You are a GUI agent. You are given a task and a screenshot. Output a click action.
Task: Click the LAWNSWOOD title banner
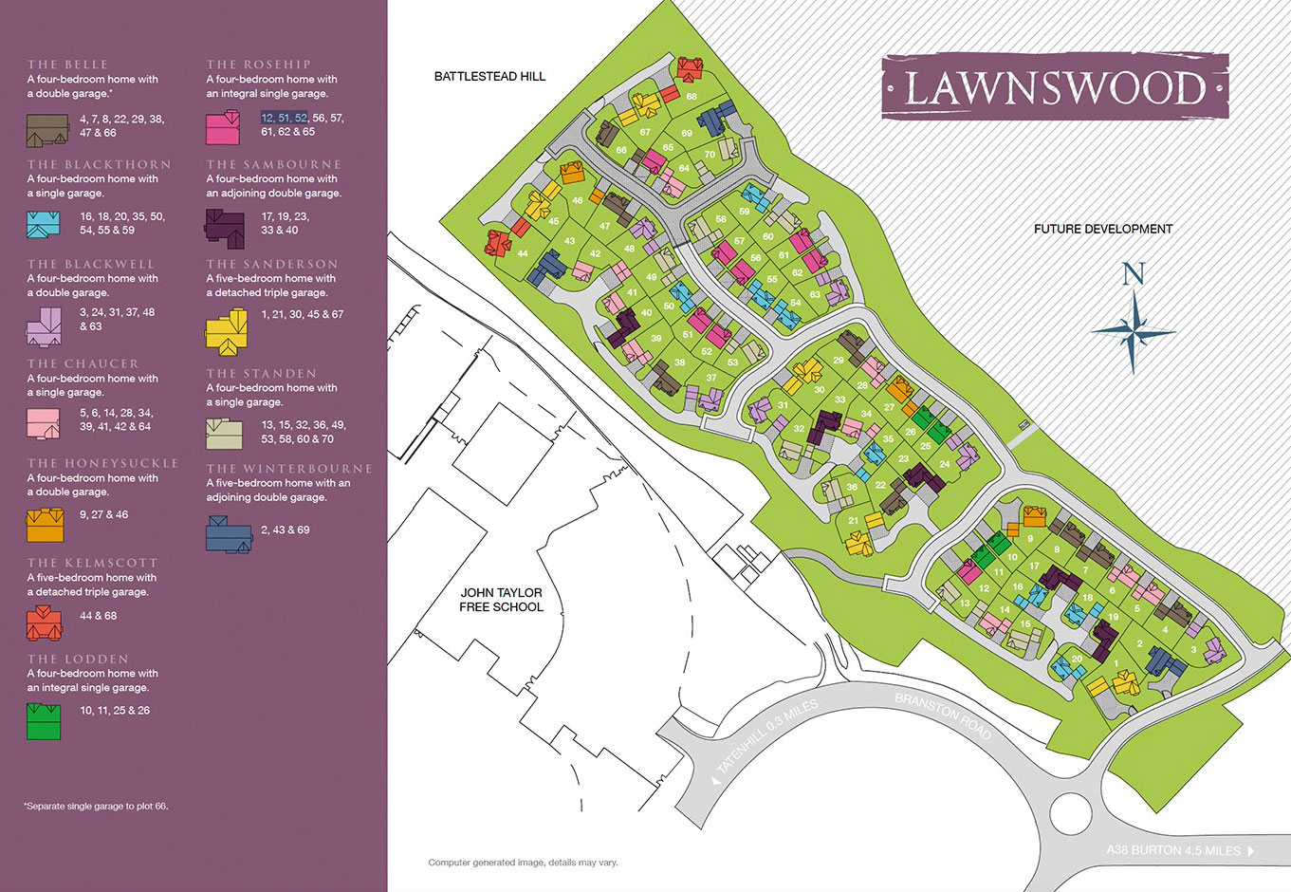[x=1055, y=88]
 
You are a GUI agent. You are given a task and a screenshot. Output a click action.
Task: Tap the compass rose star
[x=1133, y=331]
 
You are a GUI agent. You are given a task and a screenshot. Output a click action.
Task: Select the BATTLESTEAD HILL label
[x=489, y=76]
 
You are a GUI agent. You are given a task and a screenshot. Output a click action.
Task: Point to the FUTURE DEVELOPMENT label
[x=1102, y=229]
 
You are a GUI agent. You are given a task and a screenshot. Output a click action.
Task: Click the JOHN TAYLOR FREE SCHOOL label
[x=501, y=600]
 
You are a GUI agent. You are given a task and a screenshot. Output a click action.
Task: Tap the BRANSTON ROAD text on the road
[x=943, y=716]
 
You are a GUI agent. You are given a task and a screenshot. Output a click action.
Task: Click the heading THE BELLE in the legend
[x=67, y=65]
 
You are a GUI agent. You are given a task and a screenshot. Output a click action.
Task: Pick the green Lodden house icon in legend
[x=44, y=720]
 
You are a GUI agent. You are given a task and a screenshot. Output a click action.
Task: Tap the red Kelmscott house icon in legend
[x=44, y=623]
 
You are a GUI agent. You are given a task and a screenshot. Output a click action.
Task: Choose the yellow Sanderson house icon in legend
[x=227, y=331]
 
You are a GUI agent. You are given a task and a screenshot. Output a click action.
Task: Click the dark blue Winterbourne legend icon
[x=229, y=533]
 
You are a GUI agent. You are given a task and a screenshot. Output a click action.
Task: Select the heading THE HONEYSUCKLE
[x=102, y=463]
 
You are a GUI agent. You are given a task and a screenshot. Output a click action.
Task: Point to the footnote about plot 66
[x=96, y=807]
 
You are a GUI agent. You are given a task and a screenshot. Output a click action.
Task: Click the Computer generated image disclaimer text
[x=523, y=863]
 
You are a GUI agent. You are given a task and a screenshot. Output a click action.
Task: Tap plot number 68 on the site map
[x=692, y=97]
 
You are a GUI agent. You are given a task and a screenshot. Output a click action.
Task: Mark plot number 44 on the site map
[x=523, y=253]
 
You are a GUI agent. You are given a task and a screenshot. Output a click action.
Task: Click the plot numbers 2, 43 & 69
[x=285, y=530]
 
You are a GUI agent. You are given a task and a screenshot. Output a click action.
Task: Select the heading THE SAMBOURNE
[x=273, y=164]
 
